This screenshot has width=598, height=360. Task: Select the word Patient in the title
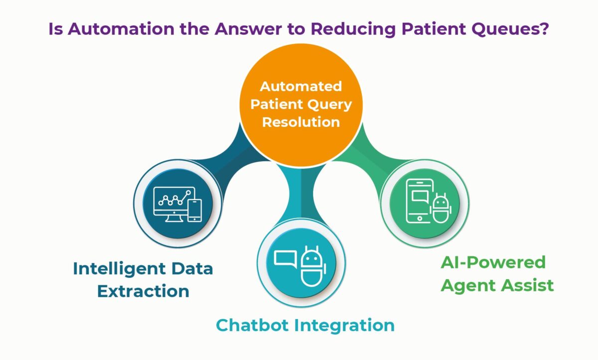click(x=428, y=29)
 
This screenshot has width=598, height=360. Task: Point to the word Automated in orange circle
click(x=301, y=86)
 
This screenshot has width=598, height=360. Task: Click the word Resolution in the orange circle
click(x=301, y=122)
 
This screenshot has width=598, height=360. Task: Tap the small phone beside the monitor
click(x=194, y=210)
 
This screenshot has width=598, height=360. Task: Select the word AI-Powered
click(x=493, y=262)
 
